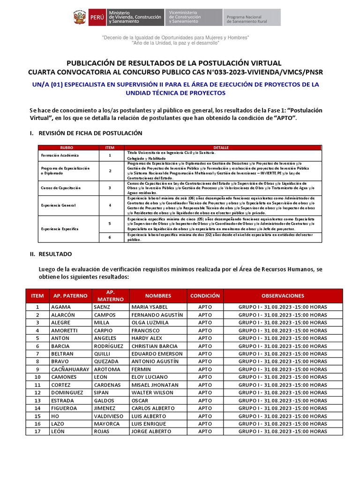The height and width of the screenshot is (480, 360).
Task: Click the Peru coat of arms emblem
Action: point(79,17)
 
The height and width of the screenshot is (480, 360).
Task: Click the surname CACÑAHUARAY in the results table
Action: point(70,369)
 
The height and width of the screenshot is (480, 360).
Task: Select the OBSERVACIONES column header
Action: point(283,296)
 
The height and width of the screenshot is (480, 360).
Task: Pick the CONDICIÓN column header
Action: point(205,296)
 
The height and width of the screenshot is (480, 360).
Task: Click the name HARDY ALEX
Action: point(147,338)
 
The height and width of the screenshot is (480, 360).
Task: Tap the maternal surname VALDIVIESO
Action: point(111,416)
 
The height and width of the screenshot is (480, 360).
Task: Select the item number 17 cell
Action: point(37,431)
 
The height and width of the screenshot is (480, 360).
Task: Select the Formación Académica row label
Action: point(60,155)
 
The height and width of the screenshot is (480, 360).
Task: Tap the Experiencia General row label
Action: point(58,205)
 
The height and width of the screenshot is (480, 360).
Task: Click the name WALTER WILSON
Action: point(152,392)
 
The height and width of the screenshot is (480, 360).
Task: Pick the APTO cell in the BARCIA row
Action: point(205,346)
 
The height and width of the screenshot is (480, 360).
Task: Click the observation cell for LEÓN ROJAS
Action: point(283,431)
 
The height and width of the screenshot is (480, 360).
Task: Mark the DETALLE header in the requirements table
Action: point(221,148)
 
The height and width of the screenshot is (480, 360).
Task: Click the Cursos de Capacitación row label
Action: point(61,187)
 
